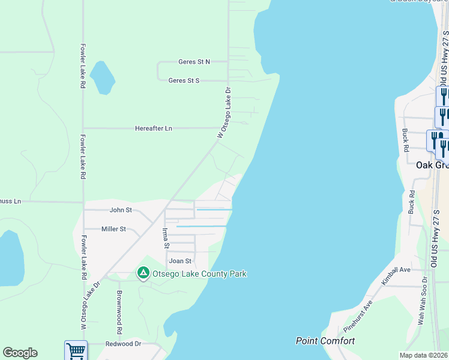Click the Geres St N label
pos(194,62)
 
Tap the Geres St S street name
pos(184,80)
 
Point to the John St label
pos(121,210)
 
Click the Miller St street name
pos(113,229)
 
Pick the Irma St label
pos(166,238)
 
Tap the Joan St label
pos(180,261)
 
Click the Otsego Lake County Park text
pos(200,274)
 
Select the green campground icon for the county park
pos(143,274)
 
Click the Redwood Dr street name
pos(123,344)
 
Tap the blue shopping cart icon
pos(76,350)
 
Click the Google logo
pos(20,353)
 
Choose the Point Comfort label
pos(325,341)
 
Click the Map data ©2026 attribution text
pos(424,355)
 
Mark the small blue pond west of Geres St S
pos(103,77)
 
